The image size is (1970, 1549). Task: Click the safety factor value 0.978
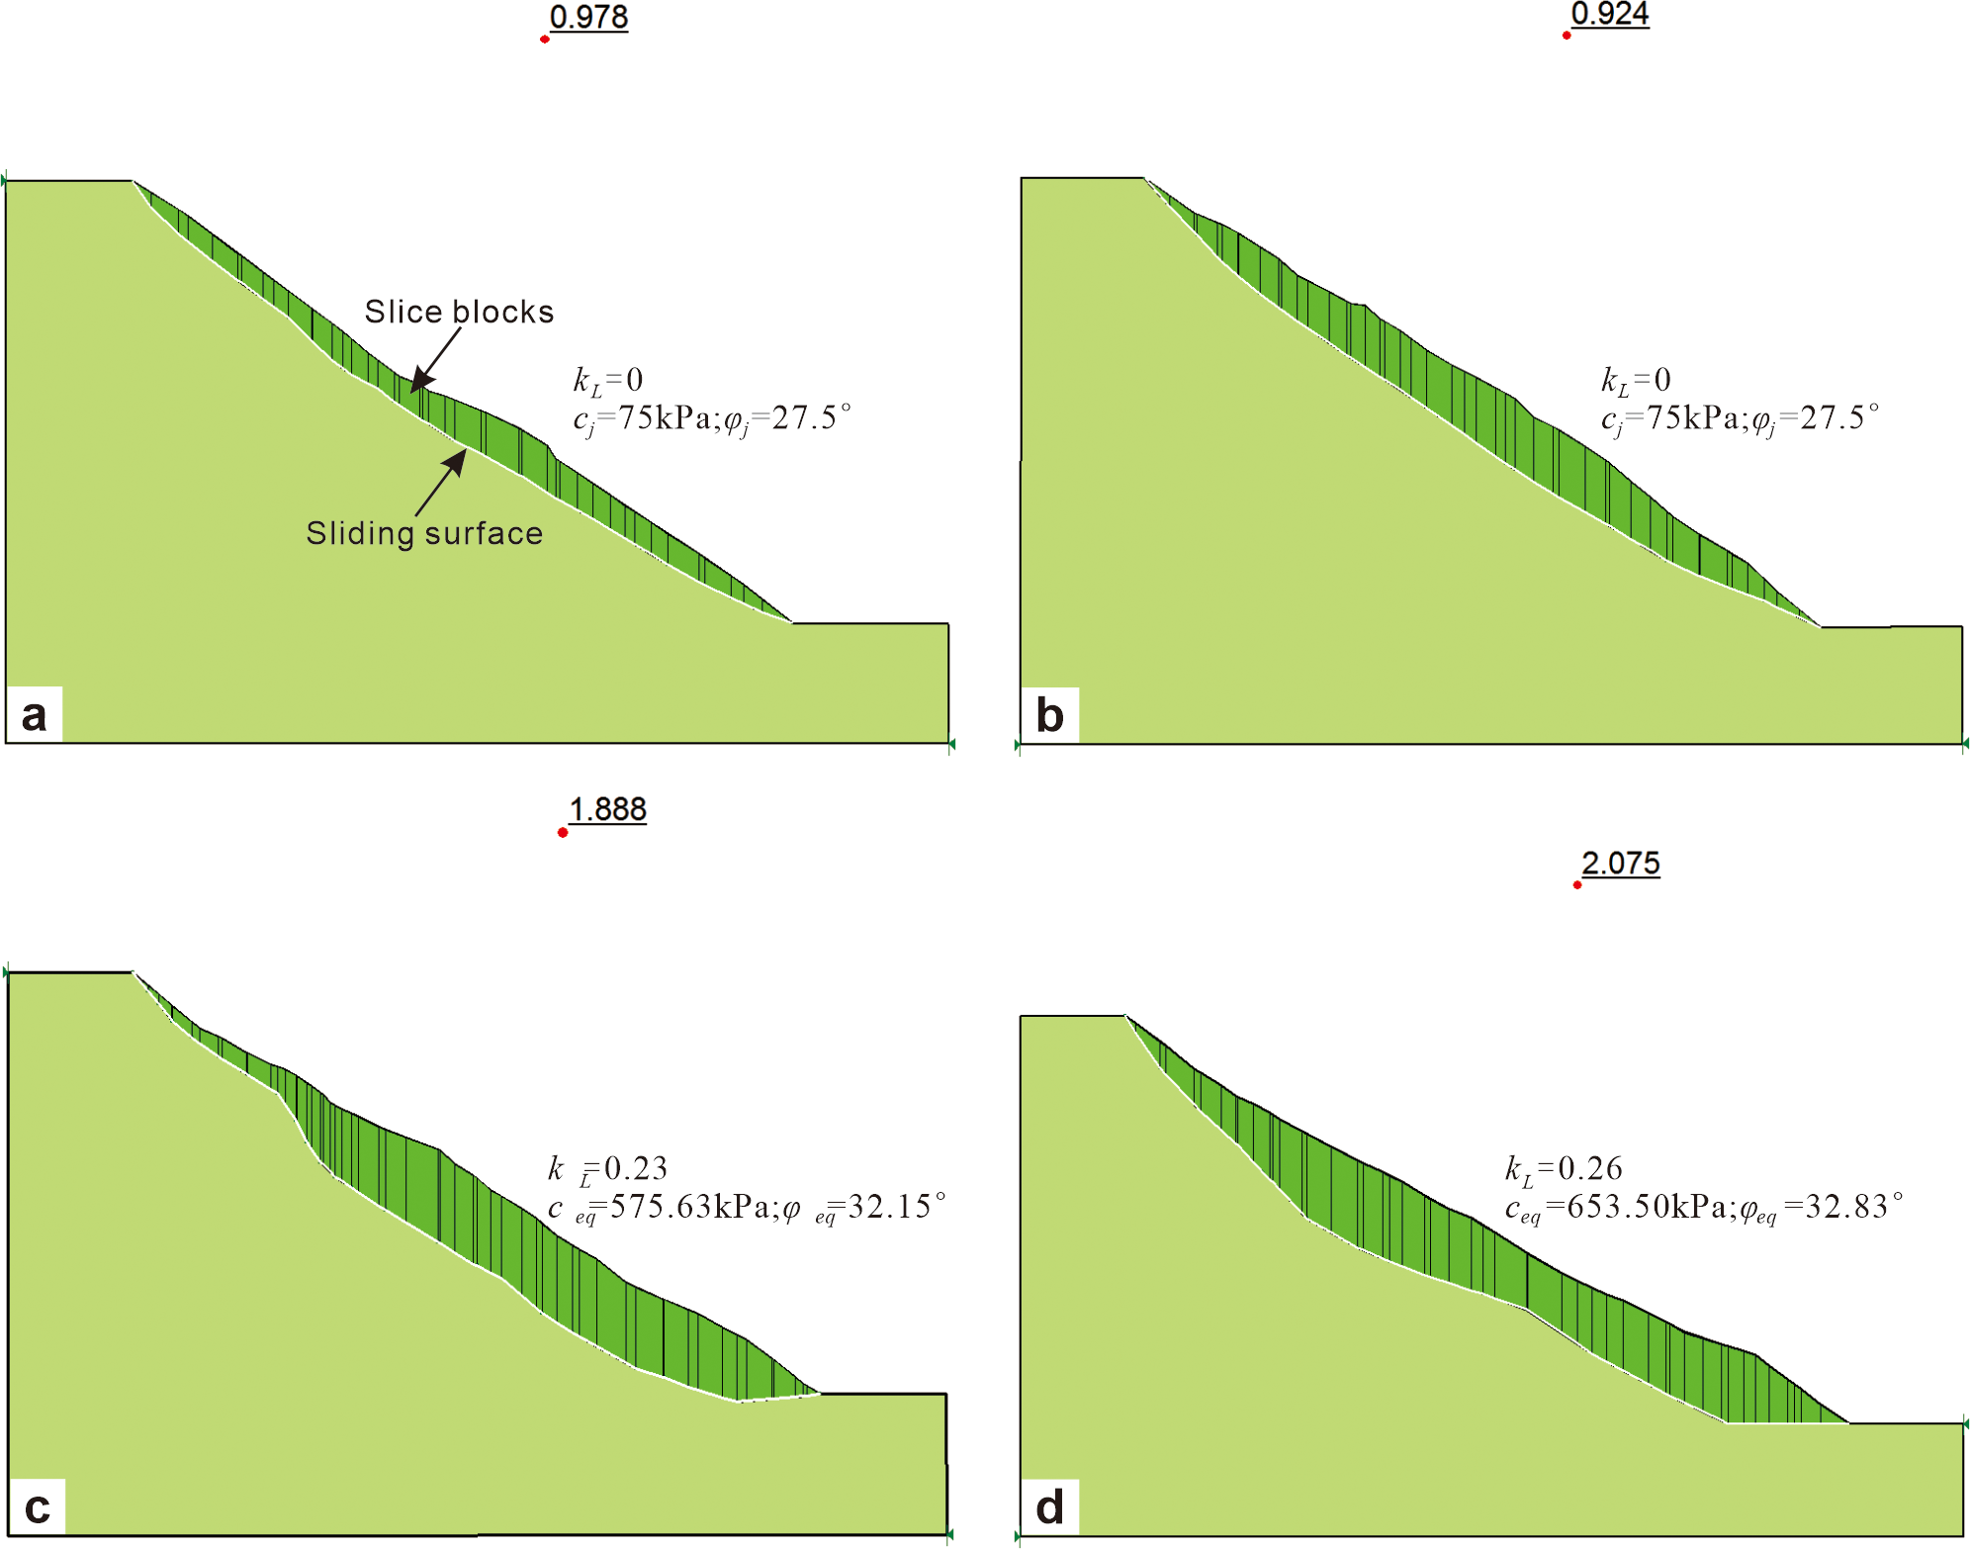[588, 17]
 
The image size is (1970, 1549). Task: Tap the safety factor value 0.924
[1609, 14]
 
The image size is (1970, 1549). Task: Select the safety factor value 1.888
[607, 809]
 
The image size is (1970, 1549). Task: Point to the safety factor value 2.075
[1620, 863]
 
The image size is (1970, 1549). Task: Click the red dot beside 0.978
[545, 39]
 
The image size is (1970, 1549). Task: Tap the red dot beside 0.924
[1567, 36]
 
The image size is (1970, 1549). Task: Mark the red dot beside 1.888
[563, 833]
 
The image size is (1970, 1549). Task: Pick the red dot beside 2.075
[1577, 884]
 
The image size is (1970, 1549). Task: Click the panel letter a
[34, 714]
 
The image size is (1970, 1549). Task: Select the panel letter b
[1049, 714]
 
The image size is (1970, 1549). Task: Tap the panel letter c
[37, 1506]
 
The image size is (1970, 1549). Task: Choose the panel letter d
[1049, 1506]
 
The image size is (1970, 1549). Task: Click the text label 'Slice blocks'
[459, 312]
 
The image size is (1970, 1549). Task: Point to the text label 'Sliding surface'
[424, 533]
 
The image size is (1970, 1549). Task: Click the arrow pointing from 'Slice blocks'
[436, 358]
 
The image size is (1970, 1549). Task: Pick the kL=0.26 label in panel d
[1564, 1169]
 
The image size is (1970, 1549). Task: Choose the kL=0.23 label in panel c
[608, 1169]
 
